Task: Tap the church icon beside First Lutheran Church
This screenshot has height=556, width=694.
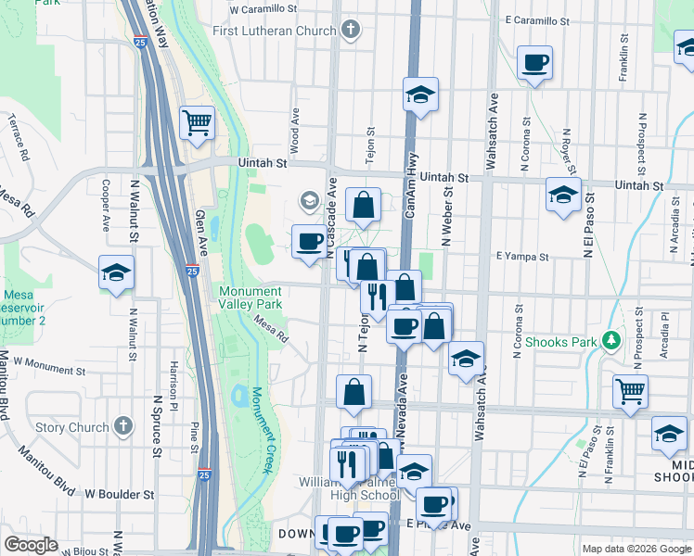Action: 350,30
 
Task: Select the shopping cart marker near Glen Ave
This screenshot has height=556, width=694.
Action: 197,121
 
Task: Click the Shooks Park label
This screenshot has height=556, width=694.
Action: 561,342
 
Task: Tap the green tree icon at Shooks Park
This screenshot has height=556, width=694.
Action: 610,341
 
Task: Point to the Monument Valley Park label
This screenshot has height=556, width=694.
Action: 251,297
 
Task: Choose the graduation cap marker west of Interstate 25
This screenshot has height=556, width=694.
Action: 116,273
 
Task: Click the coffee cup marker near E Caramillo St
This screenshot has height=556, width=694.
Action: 535,63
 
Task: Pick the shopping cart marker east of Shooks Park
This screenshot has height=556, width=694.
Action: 630,392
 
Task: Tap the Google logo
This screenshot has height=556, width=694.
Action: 32,544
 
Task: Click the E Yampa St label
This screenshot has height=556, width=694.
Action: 518,255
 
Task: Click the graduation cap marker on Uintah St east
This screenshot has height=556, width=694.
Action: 561,196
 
